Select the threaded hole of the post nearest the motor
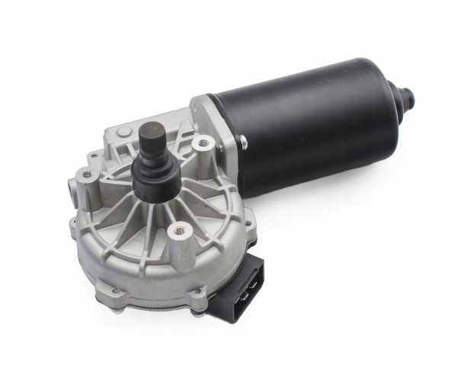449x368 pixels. [202, 142]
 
